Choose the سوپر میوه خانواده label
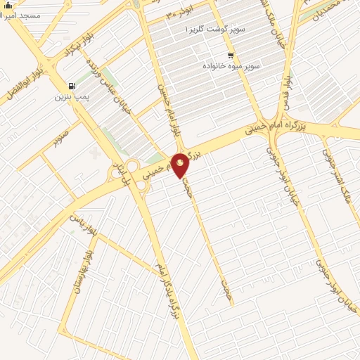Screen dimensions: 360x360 tap(232, 65)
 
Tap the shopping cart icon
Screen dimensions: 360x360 tap(231, 55)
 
